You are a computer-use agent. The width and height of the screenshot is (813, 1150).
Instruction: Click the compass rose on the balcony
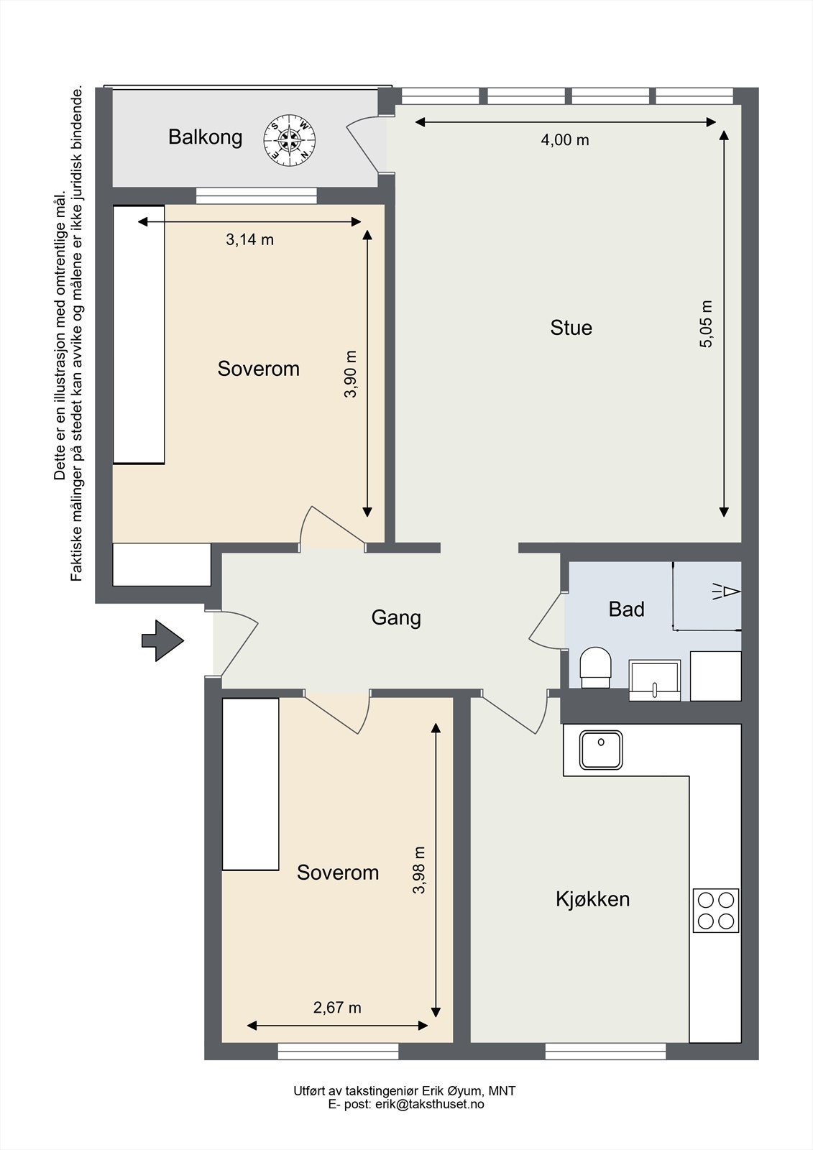click(x=290, y=140)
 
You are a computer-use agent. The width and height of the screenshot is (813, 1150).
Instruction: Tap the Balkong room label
click(x=206, y=137)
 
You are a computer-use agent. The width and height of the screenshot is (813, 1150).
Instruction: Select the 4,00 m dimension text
click(x=565, y=139)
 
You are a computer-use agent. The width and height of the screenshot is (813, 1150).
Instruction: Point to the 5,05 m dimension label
click(x=706, y=324)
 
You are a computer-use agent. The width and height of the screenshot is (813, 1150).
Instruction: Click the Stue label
click(x=571, y=328)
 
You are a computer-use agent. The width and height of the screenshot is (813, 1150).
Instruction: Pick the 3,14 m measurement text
click(x=249, y=239)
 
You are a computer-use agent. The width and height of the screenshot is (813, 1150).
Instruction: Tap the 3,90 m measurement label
click(x=350, y=374)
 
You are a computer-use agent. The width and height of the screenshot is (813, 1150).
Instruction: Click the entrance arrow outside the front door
click(x=162, y=640)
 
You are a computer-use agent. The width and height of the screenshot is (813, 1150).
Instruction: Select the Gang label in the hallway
click(x=396, y=617)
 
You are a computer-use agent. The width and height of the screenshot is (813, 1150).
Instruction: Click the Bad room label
click(x=626, y=609)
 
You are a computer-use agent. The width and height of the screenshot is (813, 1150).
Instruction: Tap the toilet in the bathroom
click(x=596, y=668)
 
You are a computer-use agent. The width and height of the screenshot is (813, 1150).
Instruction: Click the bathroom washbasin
click(x=655, y=680)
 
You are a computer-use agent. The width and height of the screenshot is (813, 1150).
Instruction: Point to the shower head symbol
click(x=726, y=592)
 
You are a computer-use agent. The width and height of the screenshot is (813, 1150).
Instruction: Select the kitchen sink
click(x=601, y=750)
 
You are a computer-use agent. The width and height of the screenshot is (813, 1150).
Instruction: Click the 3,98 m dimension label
click(x=419, y=870)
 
